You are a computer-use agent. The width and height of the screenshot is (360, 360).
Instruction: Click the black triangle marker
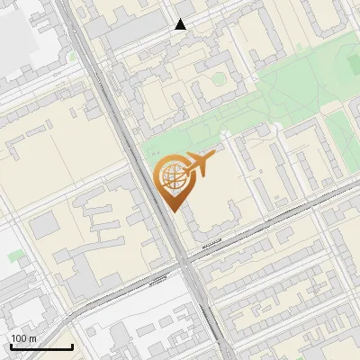tap(181, 24)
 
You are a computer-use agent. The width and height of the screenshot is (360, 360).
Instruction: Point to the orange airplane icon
tap(200, 164)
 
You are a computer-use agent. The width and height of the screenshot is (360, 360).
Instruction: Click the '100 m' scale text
tap(24, 338)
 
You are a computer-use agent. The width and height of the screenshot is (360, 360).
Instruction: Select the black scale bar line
tap(41, 346)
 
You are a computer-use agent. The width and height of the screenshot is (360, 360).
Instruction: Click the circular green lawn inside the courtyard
tap(217, 78)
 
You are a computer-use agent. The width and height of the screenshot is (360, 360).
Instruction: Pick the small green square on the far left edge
tap(13, 256)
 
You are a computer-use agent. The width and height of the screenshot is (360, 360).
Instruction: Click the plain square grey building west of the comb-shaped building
tap(45, 226)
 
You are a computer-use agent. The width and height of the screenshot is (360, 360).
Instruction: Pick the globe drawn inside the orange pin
tap(171, 175)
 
